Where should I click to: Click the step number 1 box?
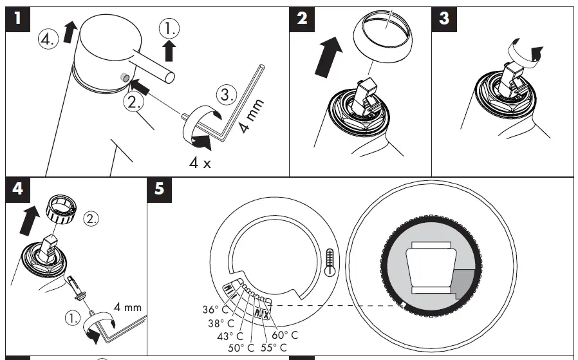pos(19,19)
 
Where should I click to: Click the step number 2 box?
pos(302,19)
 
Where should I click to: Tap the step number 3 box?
pos(444,19)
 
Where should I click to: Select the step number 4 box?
pos(19,191)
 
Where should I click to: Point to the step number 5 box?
pos(160,191)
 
